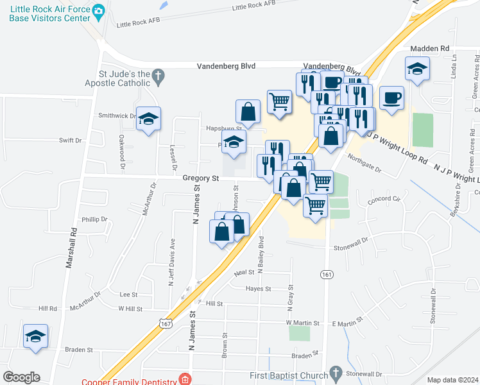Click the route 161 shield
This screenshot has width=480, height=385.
[326, 273]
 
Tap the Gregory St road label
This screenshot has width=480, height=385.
[201, 178]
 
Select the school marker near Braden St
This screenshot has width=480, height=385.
[35, 336]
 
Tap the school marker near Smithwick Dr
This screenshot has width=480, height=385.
[148, 119]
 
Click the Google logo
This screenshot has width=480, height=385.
[21, 377]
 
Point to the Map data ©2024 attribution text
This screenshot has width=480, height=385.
[452, 380]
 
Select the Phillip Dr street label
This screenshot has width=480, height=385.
[94, 219]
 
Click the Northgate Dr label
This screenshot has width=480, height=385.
[364, 164]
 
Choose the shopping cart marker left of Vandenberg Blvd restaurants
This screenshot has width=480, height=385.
[279, 101]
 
